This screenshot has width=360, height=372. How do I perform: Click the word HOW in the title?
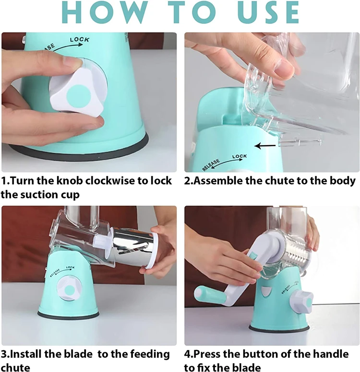105,12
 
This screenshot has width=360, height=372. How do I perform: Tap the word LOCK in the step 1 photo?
80,39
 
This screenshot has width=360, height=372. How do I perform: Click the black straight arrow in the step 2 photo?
264,146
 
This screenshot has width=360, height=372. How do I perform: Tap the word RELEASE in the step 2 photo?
211,165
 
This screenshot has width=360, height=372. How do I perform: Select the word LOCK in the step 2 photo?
240,156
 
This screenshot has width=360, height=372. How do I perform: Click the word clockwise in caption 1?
110,181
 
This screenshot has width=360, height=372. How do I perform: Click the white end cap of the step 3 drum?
153,250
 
